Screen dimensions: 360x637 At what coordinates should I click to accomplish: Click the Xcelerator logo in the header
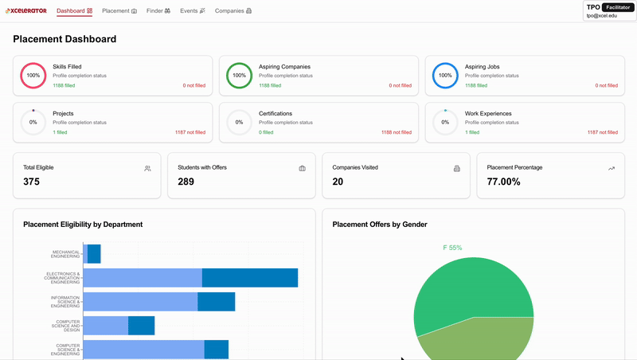(x=26, y=11)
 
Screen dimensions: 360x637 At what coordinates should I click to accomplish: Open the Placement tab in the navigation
(x=119, y=11)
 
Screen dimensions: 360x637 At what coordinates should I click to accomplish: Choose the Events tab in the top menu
(x=193, y=11)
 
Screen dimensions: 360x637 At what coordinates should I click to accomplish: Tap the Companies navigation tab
(x=233, y=11)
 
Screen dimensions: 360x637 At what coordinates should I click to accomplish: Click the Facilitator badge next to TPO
(x=617, y=7)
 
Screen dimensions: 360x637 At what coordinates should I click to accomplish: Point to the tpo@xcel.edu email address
(x=602, y=16)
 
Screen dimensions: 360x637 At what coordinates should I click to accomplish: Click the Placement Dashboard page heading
(x=64, y=39)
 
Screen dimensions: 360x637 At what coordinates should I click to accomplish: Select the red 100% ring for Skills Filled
(x=33, y=76)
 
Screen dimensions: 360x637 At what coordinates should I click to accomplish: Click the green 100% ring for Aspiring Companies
(x=239, y=76)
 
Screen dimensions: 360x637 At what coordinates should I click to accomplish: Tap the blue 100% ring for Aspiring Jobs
(x=445, y=76)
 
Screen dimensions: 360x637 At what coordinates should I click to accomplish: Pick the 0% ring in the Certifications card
(x=239, y=123)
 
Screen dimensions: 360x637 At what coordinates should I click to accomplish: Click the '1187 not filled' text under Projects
(x=190, y=132)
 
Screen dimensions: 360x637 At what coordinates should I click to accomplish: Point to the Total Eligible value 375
(x=32, y=182)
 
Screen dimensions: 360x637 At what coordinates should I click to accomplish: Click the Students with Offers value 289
(x=186, y=182)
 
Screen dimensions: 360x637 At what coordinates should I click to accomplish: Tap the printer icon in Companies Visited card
(x=457, y=169)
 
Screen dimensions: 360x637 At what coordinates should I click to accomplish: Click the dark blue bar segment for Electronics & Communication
(x=249, y=278)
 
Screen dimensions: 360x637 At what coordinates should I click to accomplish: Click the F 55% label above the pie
(x=452, y=248)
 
